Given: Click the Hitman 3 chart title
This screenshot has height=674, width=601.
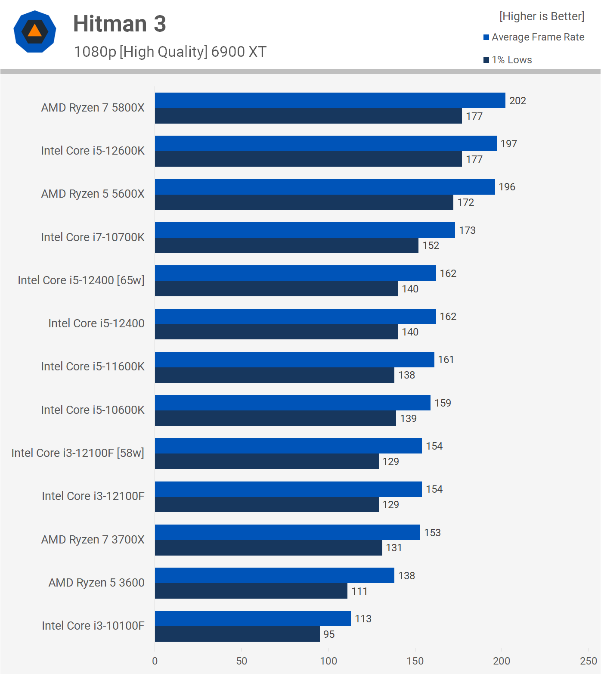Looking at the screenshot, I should pos(119,24).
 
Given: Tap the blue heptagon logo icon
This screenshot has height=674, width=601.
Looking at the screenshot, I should pos(35,31).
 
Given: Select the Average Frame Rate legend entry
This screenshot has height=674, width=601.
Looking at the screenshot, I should pos(534,37).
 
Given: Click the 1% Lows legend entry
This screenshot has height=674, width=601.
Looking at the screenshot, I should pos(508,60).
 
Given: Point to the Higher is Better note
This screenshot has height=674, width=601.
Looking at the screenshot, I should pos(542,16).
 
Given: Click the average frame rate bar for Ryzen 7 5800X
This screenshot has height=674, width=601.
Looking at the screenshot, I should pos(330,100).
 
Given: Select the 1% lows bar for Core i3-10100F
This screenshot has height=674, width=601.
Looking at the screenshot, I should pos(237,634).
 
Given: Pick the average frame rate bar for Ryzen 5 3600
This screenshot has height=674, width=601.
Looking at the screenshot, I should pos(274,575).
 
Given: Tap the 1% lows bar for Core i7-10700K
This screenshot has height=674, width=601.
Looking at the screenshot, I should pos(286,245).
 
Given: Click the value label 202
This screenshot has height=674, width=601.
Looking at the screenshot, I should pos(517,101).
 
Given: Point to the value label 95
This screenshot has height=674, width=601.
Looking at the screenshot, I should pos(329,634).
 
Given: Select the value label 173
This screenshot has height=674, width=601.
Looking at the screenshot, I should pos(467,230).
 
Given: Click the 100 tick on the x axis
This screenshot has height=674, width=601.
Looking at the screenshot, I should pos(328,661).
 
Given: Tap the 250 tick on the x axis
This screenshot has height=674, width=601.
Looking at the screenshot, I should pos(588,661).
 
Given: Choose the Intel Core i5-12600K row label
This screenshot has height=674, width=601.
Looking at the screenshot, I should pos(93,151).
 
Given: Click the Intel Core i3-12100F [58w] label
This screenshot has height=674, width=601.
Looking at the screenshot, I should pos(77,453).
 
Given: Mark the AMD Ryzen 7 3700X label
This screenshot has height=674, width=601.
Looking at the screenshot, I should pos(93,540).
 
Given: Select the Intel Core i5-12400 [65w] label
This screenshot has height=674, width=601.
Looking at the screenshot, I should pos(81,280).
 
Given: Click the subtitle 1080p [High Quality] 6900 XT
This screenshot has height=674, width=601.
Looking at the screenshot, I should pos(170,52).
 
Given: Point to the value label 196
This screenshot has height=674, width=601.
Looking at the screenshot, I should pos(507,187).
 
